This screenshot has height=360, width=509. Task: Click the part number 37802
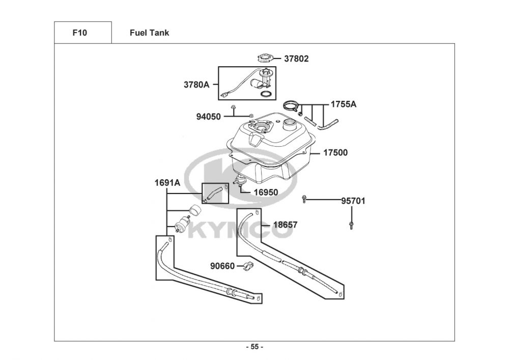(296, 59)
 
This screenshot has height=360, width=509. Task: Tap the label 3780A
(196, 85)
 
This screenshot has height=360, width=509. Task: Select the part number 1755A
(344, 104)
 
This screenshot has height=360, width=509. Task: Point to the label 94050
(209, 117)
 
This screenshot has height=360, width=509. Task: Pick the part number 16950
(266, 192)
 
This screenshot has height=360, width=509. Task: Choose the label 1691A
(167, 182)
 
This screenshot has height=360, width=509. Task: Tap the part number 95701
(353, 201)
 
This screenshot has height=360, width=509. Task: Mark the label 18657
(285, 225)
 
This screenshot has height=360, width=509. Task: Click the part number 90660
(222, 265)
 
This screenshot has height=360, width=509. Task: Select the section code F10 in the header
(80, 33)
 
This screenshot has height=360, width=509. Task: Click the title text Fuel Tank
(149, 33)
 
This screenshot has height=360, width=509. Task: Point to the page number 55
(254, 347)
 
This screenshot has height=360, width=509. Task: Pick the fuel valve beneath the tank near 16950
(240, 179)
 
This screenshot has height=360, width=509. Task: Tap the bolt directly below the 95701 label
(351, 225)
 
